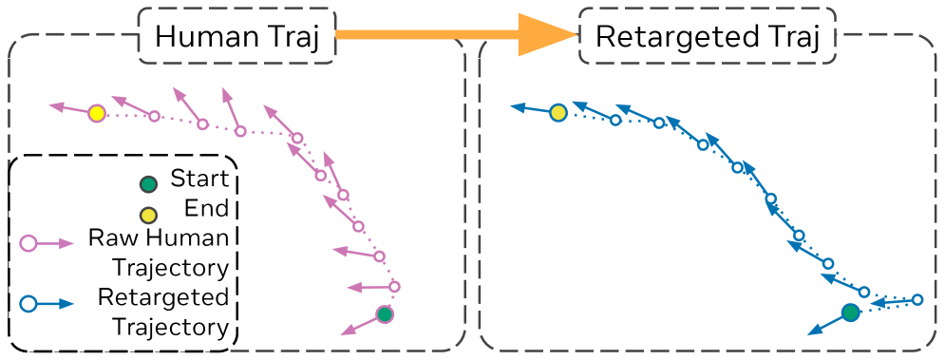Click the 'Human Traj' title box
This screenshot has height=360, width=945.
pyautogui.click(x=236, y=36)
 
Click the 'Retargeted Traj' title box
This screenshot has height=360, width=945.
pyautogui.click(x=707, y=36)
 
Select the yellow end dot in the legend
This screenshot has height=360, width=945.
pyautogui.click(x=147, y=214)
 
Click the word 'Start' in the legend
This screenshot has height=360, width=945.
pyautogui.click(x=198, y=179)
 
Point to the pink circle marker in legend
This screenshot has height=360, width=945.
pyautogui.click(x=28, y=244)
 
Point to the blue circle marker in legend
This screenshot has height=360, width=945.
pyautogui.click(x=28, y=304)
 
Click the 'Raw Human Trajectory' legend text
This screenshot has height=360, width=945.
pyautogui.click(x=158, y=251)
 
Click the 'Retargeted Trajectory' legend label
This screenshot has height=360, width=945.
pyautogui.click(x=163, y=313)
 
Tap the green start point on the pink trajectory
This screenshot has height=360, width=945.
pyautogui.click(x=385, y=314)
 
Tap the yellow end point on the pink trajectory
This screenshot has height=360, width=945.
pyautogui.click(x=96, y=114)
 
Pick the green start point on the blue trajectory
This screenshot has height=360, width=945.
pyautogui.click(x=851, y=313)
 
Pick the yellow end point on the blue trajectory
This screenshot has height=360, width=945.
pyautogui.click(x=558, y=113)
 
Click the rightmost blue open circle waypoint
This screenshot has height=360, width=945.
pyautogui.click(x=917, y=300)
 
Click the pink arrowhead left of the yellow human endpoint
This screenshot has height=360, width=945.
pyautogui.click(x=56, y=107)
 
